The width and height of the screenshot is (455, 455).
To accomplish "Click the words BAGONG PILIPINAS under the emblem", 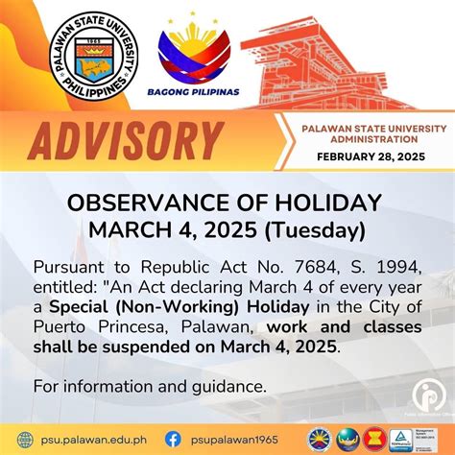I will (194, 94).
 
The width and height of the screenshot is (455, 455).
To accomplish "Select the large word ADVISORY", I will (116, 140).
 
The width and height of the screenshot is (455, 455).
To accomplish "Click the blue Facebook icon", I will (173, 436).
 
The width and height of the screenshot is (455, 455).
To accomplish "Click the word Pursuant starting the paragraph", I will (69, 266).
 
